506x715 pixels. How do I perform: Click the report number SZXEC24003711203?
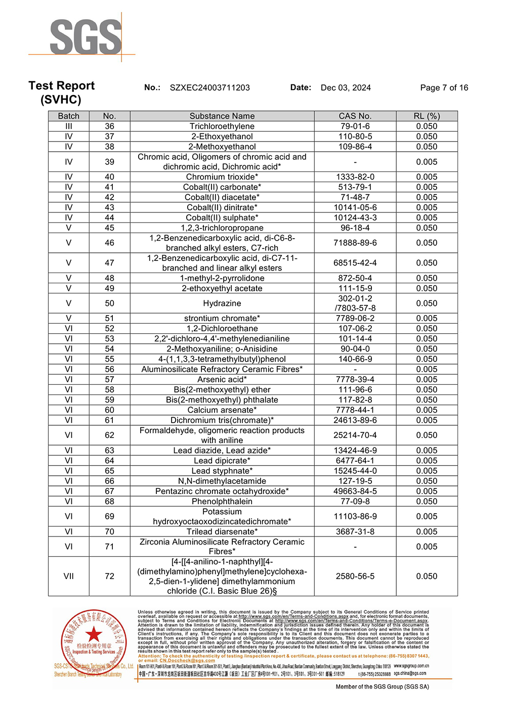[x=209, y=87]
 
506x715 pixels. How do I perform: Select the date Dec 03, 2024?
[x=346, y=87]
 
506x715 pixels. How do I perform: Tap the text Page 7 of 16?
[x=444, y=87]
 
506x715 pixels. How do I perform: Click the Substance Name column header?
[x=222, y=116]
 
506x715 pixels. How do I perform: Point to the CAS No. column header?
[x=355, y=116]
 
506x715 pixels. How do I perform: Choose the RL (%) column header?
[x=427, y=116]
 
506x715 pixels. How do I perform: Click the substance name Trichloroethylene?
[x=222, y=126]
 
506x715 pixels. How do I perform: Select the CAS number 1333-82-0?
[x=355, y=177]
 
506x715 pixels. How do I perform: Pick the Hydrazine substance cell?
[x=222, y=303]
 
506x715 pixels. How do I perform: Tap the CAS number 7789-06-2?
[x=355, y=318]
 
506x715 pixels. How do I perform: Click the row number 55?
[x=109, y=359]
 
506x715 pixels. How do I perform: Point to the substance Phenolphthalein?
[x=222, y=501]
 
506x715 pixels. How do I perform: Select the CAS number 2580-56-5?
[x=355, y=576]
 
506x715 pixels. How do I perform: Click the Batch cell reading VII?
[x=69, y=576]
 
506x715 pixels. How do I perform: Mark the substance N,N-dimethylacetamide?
[x=222, y=481]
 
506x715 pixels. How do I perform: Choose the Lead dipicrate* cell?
[x=222, y=461]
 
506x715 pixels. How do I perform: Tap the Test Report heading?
[x=62, y=85]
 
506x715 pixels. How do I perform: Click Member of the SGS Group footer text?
[x=382, y=687]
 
